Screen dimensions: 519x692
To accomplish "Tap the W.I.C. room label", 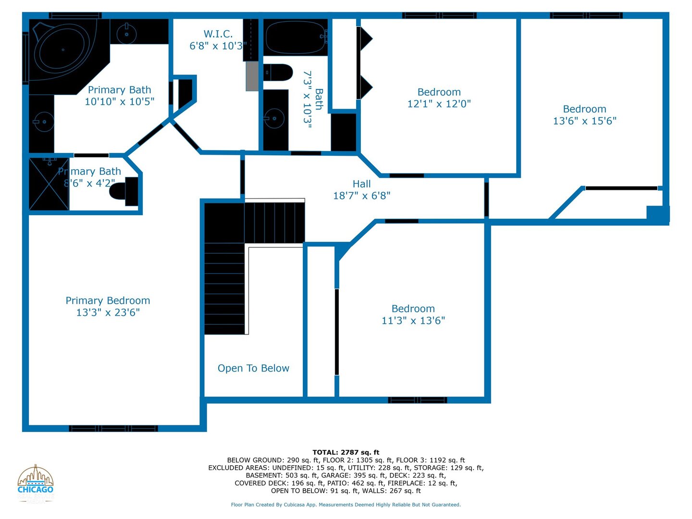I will [218, 34].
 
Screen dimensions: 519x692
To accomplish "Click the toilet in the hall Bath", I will [279, 73].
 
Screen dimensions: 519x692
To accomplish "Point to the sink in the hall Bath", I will [274, 118].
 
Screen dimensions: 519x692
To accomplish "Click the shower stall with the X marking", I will [49, 184].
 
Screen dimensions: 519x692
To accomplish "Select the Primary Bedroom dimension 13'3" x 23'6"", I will [108, 312].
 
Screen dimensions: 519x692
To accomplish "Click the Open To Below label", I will [253, 368].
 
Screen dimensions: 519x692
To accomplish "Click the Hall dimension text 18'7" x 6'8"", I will [361, 196].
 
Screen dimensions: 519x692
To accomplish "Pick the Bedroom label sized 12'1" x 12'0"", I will [439, 92].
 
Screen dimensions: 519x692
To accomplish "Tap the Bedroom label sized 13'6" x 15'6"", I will [584, 109].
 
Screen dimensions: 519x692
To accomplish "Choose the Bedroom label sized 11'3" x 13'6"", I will [413, 309].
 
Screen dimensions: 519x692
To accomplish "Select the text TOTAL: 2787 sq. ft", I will [346, 452].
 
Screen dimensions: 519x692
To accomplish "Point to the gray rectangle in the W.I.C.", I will [252, 76].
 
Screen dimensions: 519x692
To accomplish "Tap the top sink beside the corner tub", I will [127, 34].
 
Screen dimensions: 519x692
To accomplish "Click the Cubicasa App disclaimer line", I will [346, 505].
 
